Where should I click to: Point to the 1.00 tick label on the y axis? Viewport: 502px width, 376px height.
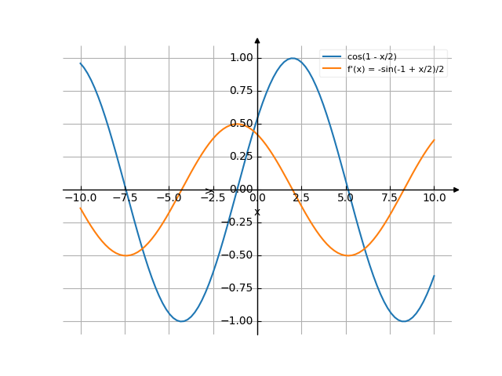click(241, 58)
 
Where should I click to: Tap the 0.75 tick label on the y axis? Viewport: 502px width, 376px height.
click(241, 91)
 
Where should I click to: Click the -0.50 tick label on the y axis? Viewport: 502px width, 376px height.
click(238, 255)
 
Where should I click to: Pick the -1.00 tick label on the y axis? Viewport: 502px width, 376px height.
click(238, 321)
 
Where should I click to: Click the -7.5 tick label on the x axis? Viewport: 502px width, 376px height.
click(124, 198)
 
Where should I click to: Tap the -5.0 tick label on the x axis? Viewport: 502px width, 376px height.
click(168, 198)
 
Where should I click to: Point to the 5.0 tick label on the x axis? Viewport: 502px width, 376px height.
click(346, 198)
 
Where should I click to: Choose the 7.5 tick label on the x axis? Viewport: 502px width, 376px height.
click(390, 198)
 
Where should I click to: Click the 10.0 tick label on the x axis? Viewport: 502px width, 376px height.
click(434, 198)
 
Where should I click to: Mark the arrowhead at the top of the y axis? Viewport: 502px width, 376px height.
click(257, 39)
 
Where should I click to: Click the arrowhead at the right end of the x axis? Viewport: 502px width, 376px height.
click(457, 190)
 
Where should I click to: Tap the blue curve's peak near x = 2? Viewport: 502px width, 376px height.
click(293, 58)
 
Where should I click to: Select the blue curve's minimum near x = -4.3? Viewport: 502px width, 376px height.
click(181, 321)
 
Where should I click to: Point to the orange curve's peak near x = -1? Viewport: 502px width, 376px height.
click(239, 124)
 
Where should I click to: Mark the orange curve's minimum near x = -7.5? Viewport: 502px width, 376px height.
click(125, 255)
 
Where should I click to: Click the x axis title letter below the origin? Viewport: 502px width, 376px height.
click(256, 212)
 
